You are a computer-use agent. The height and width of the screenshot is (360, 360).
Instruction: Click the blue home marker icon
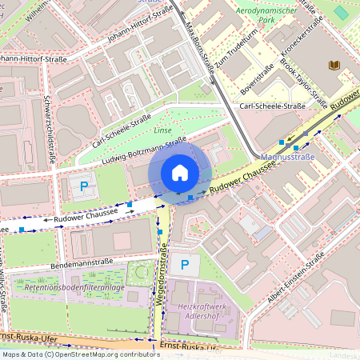pos(180,173)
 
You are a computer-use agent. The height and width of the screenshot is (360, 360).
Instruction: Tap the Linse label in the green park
pos(162,130)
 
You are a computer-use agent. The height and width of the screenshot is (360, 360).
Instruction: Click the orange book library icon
pos(333,65)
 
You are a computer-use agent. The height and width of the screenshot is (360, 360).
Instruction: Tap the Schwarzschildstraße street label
pos(50,127)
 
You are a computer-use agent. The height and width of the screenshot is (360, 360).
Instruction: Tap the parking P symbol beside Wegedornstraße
pos(186,264)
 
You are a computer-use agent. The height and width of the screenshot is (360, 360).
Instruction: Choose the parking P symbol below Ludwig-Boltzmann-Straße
pos(84,186)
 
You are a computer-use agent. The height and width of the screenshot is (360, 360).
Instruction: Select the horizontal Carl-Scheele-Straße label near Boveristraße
pos(274,106)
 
